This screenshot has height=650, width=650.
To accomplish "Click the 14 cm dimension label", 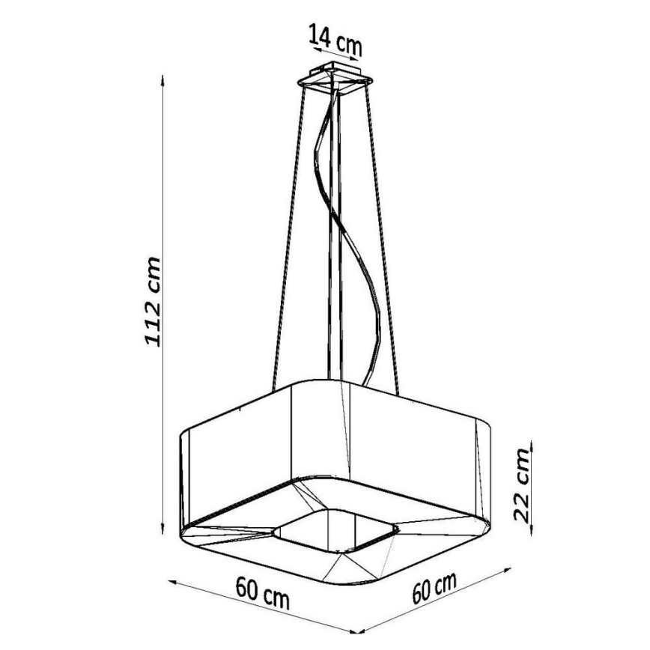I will [335, 40].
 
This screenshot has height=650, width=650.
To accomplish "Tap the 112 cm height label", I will [153, 301].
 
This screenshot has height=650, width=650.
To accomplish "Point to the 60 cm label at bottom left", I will [262, 592].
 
